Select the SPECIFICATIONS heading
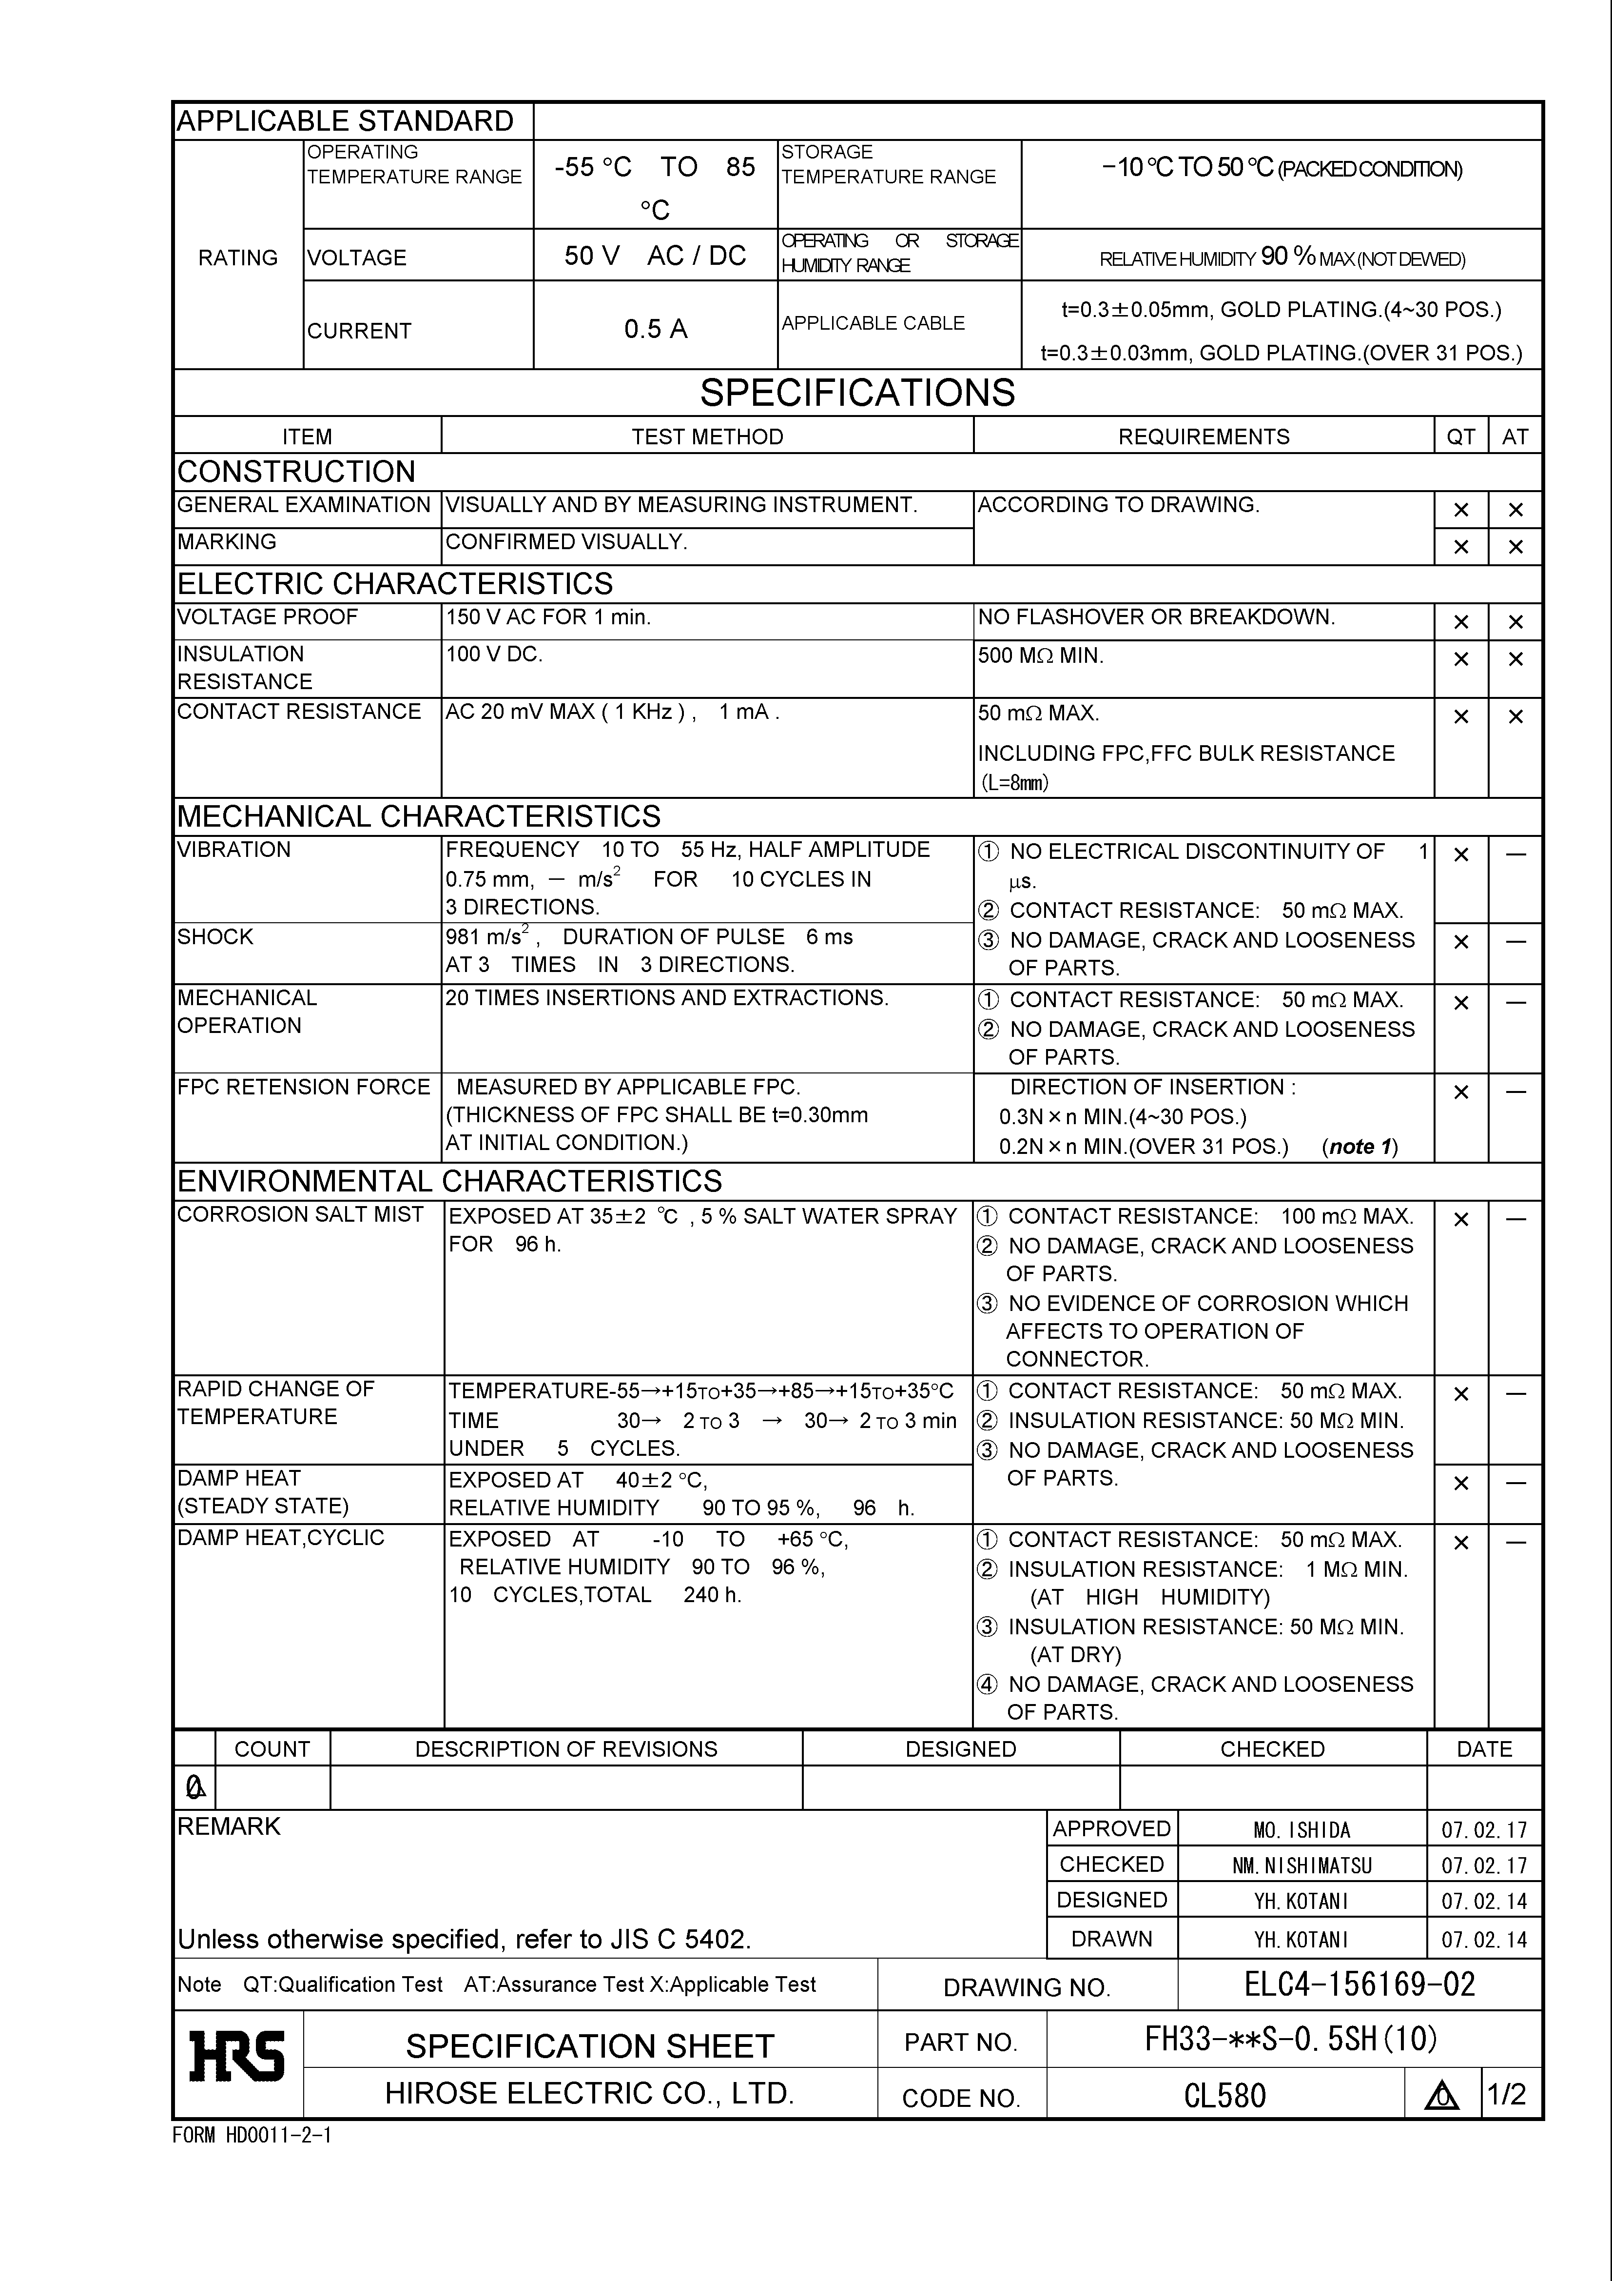(x=857, y=394)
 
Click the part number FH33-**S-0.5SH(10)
(x=1291, y=2040)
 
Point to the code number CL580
(x=1224, y=2096)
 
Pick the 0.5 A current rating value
(x=656, y=329)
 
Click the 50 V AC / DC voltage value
(x=656, y=257)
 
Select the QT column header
(x=1460, y=437)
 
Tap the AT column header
(x=1515, y=437)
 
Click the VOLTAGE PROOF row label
(x=267, y=617)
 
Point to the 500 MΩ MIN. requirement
(x=1040, y=655)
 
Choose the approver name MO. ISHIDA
(x=1301, y=1830)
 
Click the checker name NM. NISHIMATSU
(x=1301, y=1866)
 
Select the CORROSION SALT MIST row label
(x=300, y=1215)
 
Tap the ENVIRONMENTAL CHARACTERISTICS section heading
(x=449, y=1181)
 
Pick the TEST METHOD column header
(x=707, y=437)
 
